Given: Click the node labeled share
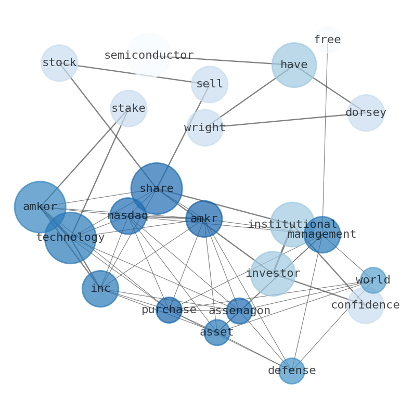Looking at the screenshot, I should click(157, 188).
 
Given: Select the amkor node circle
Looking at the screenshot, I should click(40, 207).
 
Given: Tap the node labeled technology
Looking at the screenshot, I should click(70, 238).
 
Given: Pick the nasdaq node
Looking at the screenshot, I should click(128, 216).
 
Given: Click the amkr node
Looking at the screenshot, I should click(204, 219).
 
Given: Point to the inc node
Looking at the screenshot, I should click(100, 289).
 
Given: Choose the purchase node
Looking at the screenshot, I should click(169, 310).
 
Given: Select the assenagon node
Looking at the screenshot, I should click(239, 311).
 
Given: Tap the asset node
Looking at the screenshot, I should click(217, 332).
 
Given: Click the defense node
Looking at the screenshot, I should click(292, 371).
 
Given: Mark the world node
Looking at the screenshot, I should click(373, 280).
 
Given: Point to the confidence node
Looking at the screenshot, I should click(366, 305).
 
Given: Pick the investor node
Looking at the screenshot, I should click(273, 274).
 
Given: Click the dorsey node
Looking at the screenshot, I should click(366, 113).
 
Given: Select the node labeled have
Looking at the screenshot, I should click(294, 65).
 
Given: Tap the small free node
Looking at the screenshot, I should click(327, 40).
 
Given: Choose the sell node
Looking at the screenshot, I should click(210, 84).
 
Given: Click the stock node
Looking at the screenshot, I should click(59, 63).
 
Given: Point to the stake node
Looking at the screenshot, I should click(128, 109).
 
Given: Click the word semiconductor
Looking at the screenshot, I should click(149, 56).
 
